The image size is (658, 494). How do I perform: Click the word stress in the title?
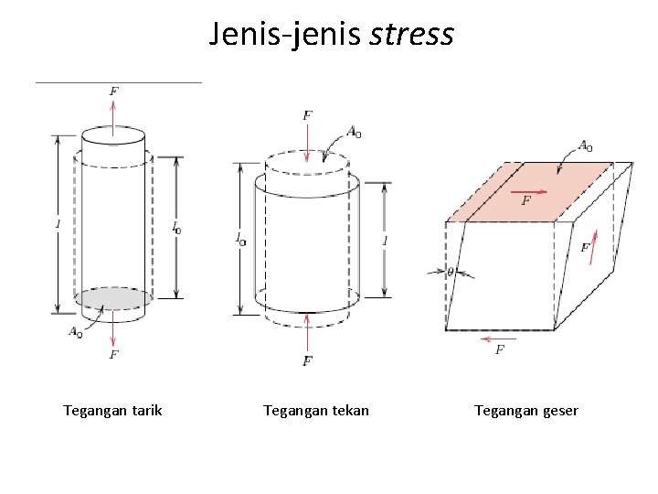coord(411,35)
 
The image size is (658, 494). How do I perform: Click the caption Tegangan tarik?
coord(112,410)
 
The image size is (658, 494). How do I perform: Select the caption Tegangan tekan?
coord(316,410)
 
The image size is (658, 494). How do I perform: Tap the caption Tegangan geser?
coord(526,410)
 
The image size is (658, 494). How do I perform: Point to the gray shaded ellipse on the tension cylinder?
coord(113,298)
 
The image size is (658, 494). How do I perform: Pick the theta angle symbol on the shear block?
coord(450,272)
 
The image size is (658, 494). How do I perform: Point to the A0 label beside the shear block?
coord(585,145)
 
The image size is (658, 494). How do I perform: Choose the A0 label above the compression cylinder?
coord(353,132)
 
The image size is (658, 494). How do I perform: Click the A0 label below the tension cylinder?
coord(76,332)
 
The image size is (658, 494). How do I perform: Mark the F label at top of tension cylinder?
coord(113,91)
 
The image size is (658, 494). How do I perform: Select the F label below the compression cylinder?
coord(307,362)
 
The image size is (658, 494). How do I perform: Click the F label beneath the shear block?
coord(500,349)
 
